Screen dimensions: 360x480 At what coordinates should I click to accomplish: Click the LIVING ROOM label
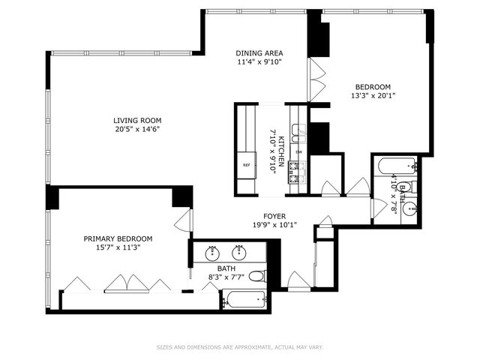137,120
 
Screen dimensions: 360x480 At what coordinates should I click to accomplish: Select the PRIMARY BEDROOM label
117,238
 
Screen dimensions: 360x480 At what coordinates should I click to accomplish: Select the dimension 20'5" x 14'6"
137,129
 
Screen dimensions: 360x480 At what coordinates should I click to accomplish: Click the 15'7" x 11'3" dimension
117,247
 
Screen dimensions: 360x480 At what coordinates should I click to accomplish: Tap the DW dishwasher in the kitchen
298,152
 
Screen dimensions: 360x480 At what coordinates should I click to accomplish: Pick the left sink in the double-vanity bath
212,250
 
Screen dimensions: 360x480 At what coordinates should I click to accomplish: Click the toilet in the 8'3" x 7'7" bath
256,276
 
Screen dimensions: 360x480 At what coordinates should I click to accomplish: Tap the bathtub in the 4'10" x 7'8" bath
397,166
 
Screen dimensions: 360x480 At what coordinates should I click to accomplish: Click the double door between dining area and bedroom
317,78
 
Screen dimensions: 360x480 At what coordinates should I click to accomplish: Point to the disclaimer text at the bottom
240,346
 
